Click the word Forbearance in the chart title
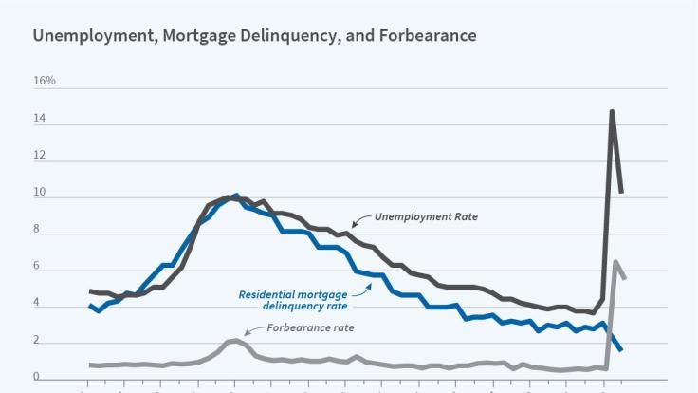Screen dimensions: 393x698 422,36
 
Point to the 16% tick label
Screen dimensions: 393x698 45,81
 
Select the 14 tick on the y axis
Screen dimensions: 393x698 39,123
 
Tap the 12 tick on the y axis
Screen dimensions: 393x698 39,160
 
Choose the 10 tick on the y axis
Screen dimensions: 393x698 39,196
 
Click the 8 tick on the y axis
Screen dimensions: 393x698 36,234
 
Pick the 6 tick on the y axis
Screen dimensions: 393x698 36,270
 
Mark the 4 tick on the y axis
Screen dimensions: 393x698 36,306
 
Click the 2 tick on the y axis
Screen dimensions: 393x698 36,342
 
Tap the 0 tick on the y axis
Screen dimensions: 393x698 36,378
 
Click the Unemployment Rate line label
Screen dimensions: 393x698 426,217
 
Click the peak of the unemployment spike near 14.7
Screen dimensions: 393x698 612,112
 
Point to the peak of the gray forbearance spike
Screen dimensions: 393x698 615,262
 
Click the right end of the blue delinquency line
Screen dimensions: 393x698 621,350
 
